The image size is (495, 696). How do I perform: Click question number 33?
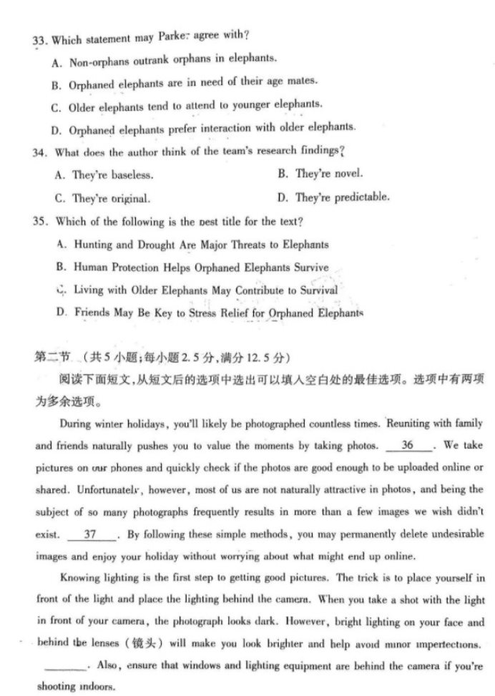coord(39,39)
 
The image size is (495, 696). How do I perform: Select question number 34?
coord(40,152)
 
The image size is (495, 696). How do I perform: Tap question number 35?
coord(41,221)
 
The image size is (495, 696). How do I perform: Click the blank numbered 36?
coord(408,446)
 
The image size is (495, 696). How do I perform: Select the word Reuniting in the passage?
coord(410,423)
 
